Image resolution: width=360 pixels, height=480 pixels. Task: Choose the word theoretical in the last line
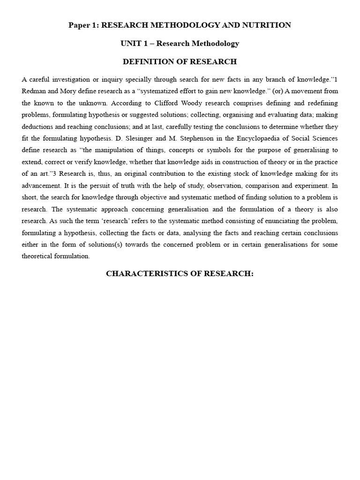[38, 256]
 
